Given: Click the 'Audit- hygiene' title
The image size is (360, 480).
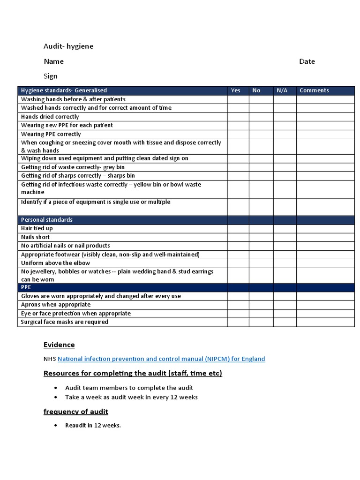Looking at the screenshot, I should [68, 46].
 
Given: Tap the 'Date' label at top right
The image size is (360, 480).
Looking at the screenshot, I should [307, 61].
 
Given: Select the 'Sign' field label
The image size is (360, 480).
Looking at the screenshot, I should [51, 76].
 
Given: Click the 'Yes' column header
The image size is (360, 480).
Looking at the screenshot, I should [236, 90].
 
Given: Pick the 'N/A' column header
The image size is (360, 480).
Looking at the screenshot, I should [282, 90].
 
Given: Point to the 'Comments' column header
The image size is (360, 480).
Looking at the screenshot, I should [314, 90].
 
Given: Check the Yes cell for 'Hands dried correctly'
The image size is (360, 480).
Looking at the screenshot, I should [238, 117].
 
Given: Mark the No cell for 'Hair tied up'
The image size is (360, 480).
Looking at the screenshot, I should [261, 228].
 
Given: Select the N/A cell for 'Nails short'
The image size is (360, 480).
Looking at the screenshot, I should [285, 237].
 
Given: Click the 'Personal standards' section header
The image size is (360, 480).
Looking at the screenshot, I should [47, 220].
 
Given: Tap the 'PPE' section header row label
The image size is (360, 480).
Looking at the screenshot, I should [26, 287].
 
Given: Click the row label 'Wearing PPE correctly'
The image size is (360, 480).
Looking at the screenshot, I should [51, 134].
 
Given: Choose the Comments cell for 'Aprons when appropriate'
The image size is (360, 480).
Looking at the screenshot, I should [325, 305].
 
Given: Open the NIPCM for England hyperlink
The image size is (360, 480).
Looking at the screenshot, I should [161, 359].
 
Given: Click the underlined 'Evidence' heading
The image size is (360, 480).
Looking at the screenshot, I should [59, 345].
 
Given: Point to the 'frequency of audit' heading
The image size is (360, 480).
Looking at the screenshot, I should [76, 412].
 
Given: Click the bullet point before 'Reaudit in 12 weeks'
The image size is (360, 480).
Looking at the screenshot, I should [56, 426].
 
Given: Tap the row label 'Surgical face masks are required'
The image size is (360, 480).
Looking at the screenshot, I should [65, 322].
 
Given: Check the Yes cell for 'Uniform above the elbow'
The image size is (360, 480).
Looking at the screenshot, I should [238, 263].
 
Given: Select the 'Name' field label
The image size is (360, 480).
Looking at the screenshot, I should [54, 61].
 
